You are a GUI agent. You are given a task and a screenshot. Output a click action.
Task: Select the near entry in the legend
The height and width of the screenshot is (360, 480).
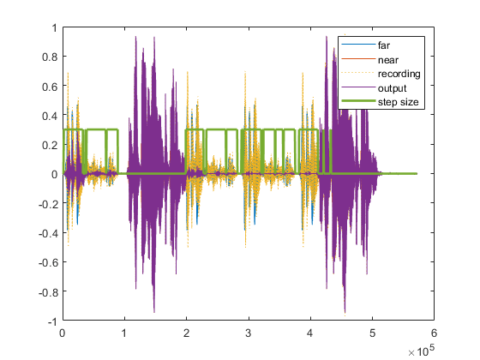[x=387, y=59]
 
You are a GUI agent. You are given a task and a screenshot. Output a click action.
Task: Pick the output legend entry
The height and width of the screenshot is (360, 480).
[x=390, y=88]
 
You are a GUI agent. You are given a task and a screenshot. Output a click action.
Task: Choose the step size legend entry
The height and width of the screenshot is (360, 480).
[x=395, y=102]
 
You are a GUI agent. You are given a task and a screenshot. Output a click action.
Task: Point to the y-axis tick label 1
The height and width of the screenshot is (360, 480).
[x=53, y=27]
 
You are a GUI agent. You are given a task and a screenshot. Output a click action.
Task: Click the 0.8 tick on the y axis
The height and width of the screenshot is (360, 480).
[x=50, y=57]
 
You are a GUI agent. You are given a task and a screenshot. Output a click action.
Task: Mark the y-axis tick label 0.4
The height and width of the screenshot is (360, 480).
[x=50, y=115]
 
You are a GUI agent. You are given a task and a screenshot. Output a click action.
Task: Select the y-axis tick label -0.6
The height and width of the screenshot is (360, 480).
[x=48, y=261]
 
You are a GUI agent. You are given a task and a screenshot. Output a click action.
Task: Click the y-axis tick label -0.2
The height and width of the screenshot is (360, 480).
[x=48, y=203]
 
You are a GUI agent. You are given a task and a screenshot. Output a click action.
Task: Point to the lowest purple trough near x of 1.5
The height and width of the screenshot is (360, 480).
[x=154, y=312]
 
